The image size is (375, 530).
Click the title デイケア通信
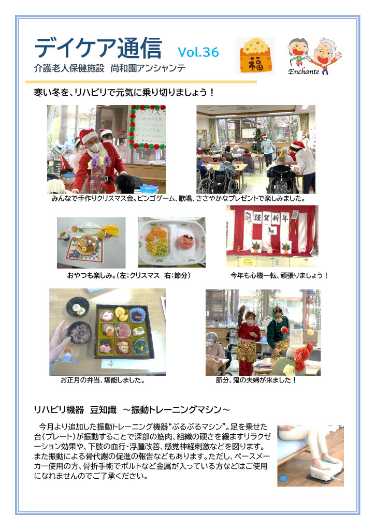pyautogui.click(x=98, y=48)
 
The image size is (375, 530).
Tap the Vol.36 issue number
pyautogui.click(x=198, y=52)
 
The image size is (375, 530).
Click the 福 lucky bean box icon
pyautogui.click(x=256, y=55)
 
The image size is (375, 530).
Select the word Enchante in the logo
pyautogui.click(x=304, y=71)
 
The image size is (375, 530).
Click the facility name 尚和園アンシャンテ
pyautogui.click(x=148, y=68)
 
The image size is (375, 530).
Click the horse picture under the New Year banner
pyautogui.click(x=270, y=231)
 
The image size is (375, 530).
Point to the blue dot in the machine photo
pyautogui.click(x=284, y=478)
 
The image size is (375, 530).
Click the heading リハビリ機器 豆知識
pyautogui.click(x=75, y=410)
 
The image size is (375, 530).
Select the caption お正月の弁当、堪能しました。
pyautogui.click(x=103, y=380)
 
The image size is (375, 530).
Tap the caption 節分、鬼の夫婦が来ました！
pyautogui.click(x=256, y=380)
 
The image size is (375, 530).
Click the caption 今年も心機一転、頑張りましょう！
pyautogui.click(x=279, y=275)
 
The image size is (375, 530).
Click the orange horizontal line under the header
pyautogui.click(x=141, y=82)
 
